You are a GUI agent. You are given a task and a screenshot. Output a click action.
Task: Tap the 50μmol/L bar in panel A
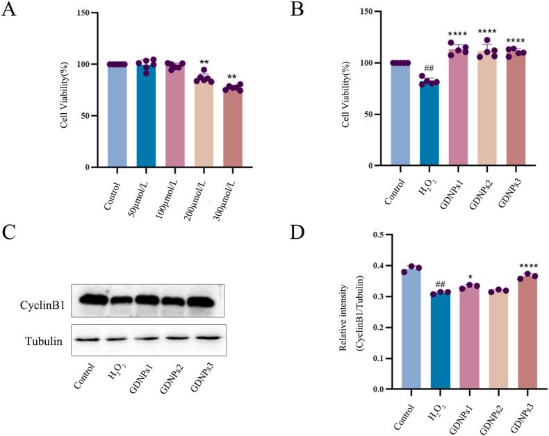click(146, 118)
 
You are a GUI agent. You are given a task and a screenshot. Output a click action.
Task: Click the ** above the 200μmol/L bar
click(203, 61)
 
